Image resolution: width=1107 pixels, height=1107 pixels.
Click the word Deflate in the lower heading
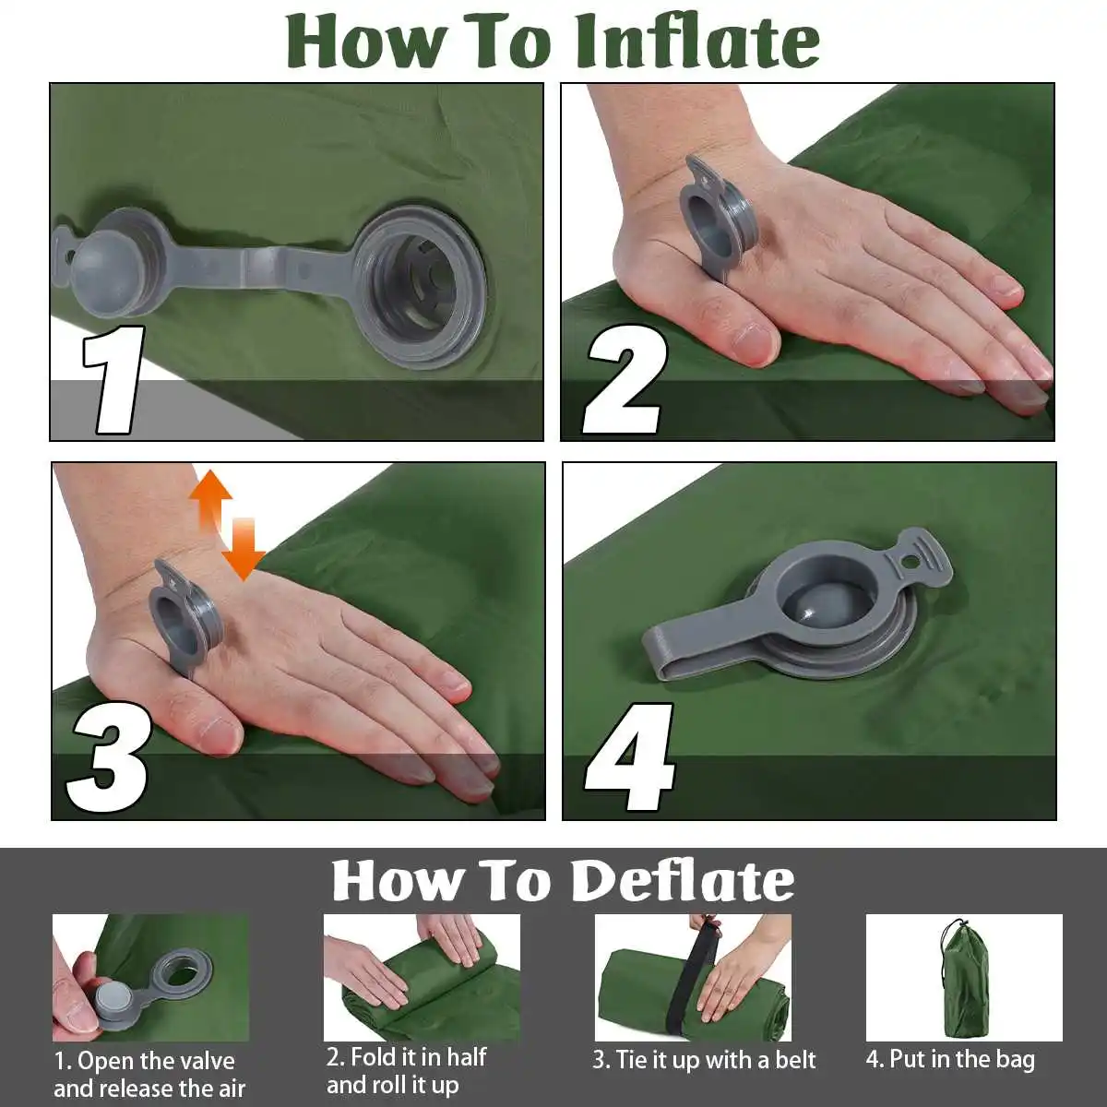(x=683, y=882)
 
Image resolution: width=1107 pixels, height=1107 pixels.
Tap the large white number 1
(x=113, y=379)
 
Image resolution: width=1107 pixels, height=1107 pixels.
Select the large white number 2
(x=625, y=379)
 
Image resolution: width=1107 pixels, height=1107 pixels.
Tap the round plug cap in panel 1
(x=105, y=264)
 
